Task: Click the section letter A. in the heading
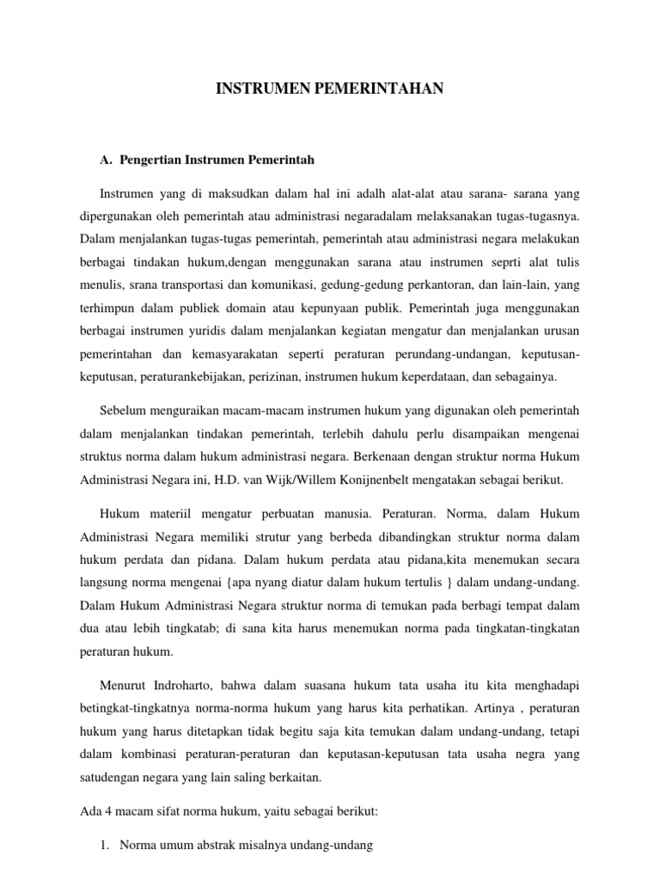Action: (107, 160)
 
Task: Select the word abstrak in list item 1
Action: (217, 846)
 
